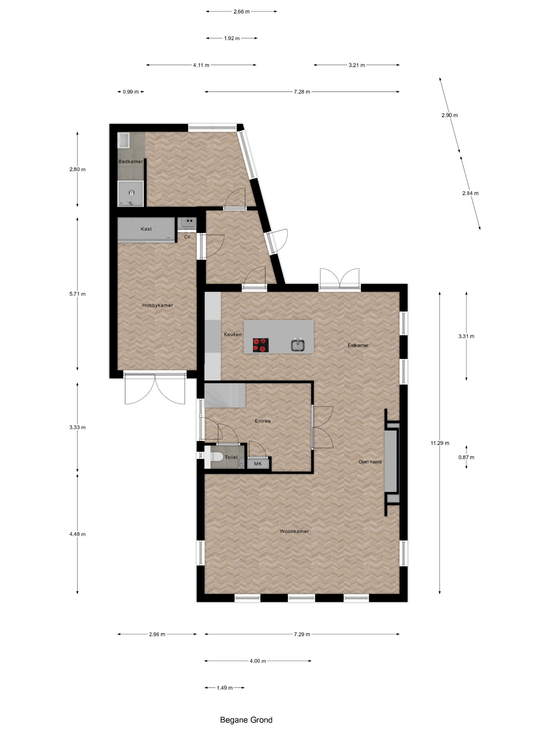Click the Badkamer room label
tap(131, 161)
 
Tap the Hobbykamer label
tap(157, 305)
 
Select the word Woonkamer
tap(294, 531)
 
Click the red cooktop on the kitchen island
tap(261, 345)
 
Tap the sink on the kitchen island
tap(298, 345)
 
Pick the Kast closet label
tap(146, 229)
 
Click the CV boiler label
tap(187, 237)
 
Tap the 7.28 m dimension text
tap(302, 92)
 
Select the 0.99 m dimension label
tap(131, 92)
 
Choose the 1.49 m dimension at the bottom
tap(224, 688)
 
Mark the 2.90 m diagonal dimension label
tap(449, 116)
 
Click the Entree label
tap(263, 421)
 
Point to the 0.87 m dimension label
tap(466, 457)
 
